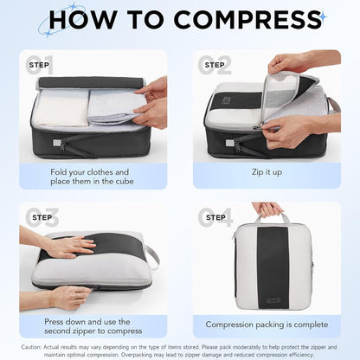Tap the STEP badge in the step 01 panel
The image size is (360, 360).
tap(40, 64)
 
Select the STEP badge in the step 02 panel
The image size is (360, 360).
tap(215, 64)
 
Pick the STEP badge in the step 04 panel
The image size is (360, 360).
tap(215, 217)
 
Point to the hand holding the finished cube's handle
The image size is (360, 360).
tap(267, 209)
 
